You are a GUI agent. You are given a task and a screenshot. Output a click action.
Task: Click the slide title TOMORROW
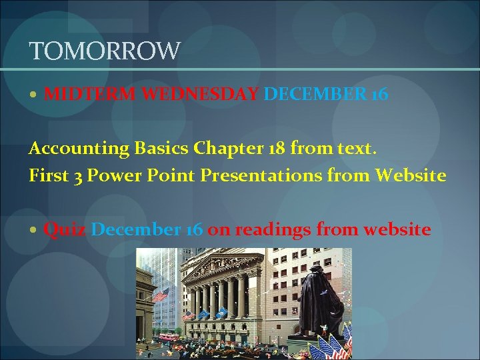pyautogui.click(x=105, y=51)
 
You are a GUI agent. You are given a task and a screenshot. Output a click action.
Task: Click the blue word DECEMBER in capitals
pyautogui.click(x=315, y=94)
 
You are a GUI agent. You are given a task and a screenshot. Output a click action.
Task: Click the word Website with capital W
pyautogui.click(x=411, y=175)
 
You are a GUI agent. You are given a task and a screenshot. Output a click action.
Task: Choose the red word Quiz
pyautogui.click(x=65, y=230)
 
